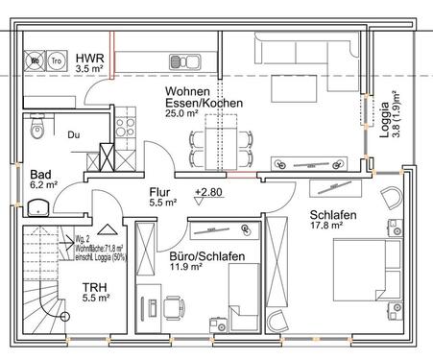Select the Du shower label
pos(73,135)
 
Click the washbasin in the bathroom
pos(41,205)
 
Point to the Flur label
pos(161,191)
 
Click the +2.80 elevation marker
pos(209,192)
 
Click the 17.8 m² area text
pos(327,228)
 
